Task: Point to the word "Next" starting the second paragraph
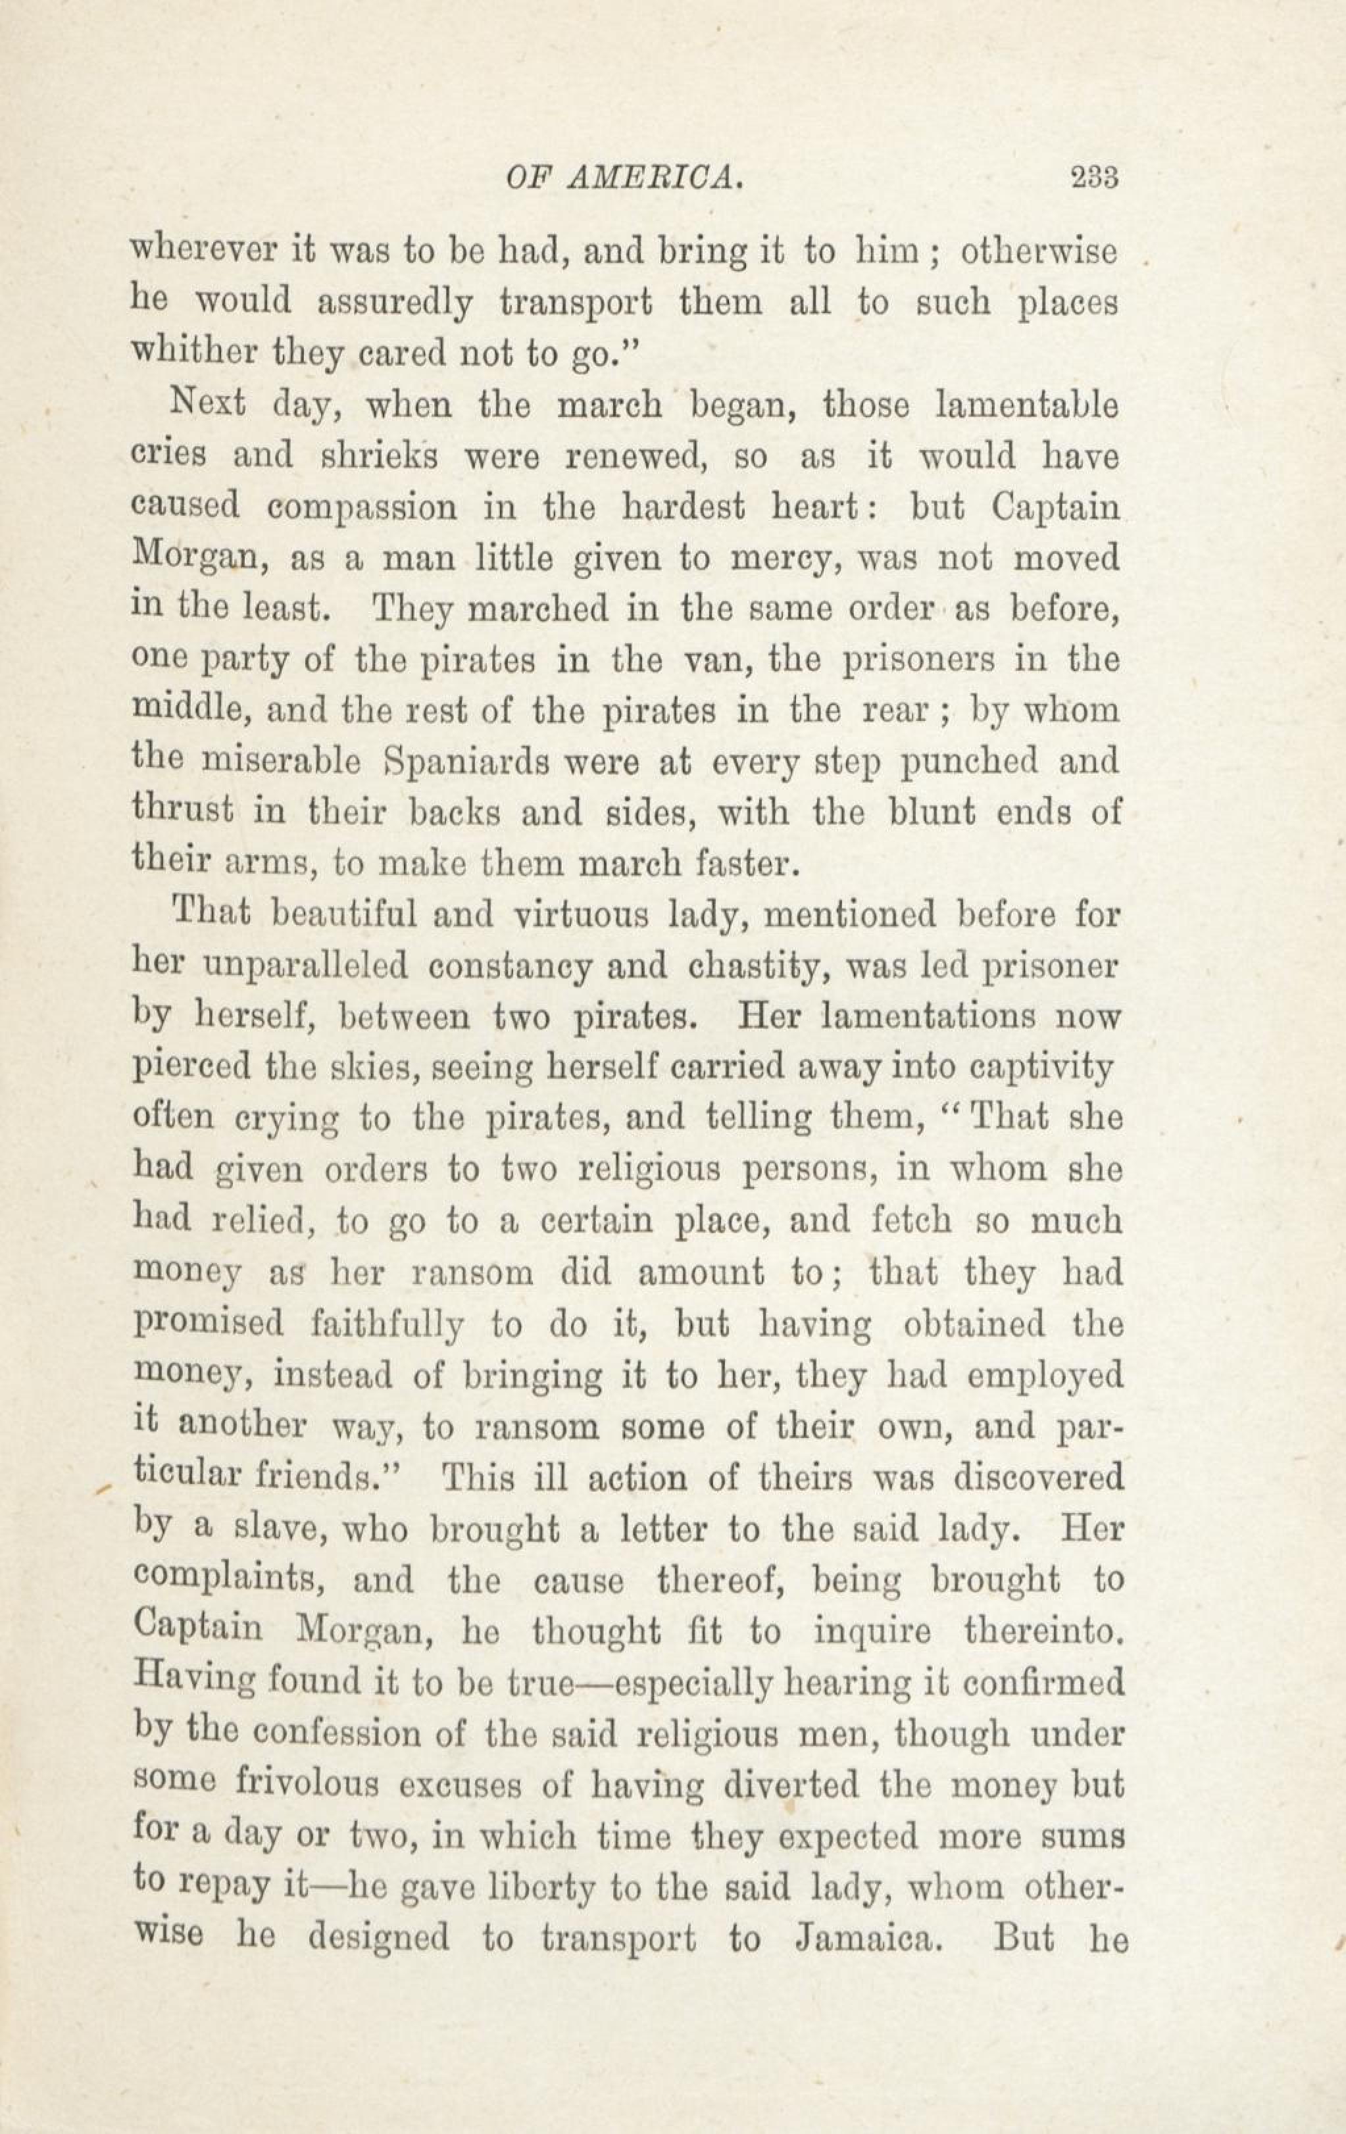pos(207,403)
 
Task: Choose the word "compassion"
pos(362,507)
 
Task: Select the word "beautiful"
pos(339,914)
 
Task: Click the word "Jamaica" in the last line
pos(866,1938)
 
